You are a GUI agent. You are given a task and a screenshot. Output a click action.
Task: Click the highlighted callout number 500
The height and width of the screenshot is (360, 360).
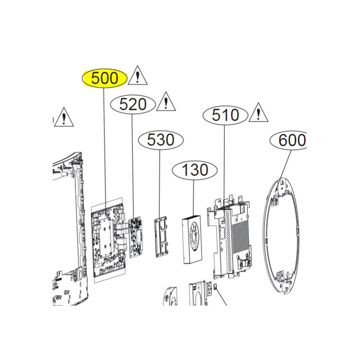click(x=104, y=78)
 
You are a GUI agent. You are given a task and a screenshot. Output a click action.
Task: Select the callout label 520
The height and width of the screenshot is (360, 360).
click(x=133, y=104)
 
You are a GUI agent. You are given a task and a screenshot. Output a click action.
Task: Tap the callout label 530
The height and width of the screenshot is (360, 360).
click(x=161, y=139)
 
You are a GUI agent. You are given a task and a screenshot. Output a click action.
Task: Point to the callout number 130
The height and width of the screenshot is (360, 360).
click(x=195, y=170)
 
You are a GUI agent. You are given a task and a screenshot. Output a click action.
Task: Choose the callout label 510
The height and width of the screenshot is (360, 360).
click(x=225, y=115)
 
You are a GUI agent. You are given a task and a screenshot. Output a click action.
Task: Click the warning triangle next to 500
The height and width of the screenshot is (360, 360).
click(x=138, y=76)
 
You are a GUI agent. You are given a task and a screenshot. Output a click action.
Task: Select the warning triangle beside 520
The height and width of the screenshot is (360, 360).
click(x=166, y=102)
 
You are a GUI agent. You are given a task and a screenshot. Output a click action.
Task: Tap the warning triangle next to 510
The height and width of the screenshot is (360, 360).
click(x=258, y=112)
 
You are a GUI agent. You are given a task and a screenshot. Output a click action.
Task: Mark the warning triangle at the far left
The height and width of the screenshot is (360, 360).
click(x=64, y=117)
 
